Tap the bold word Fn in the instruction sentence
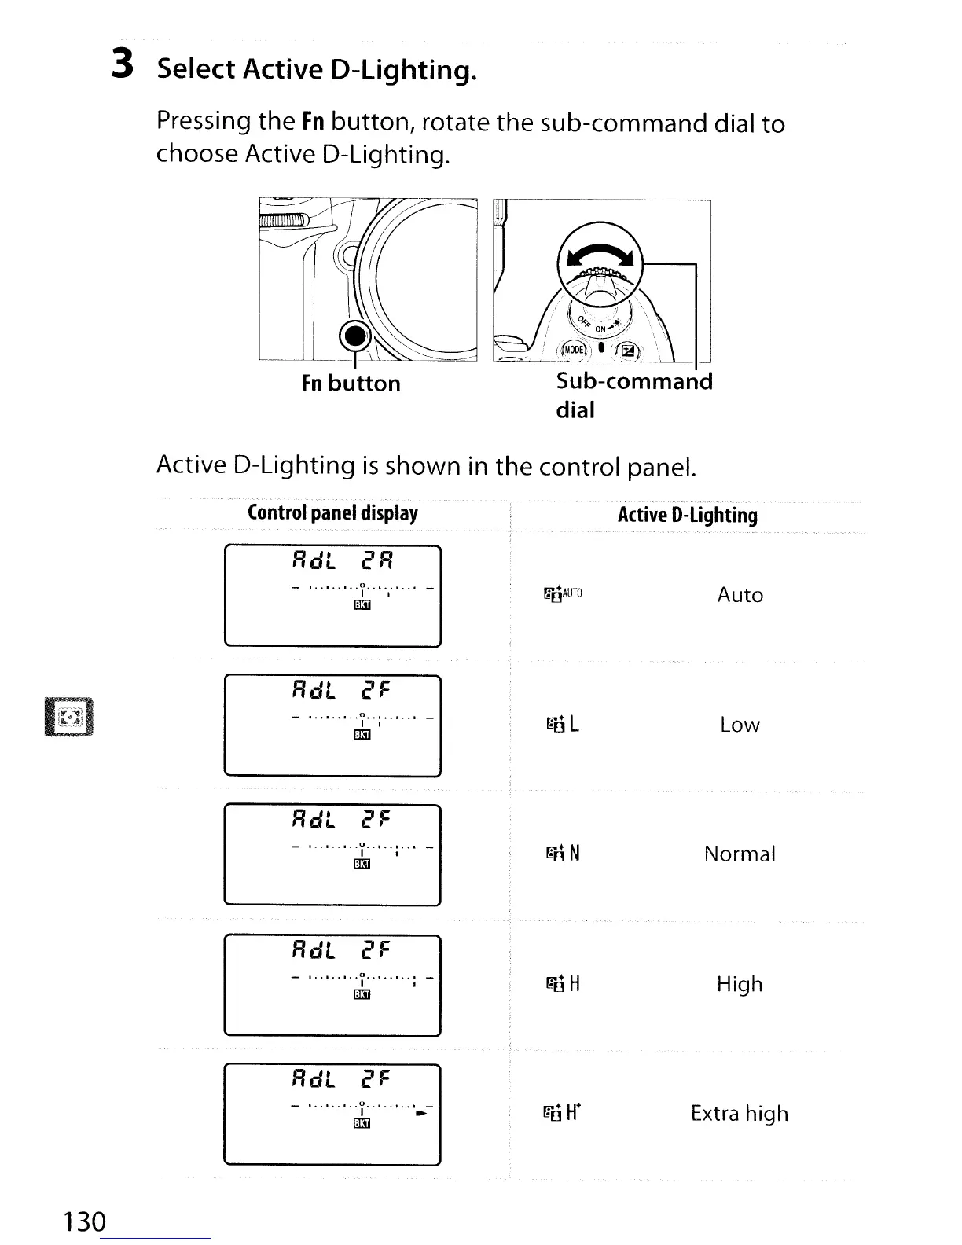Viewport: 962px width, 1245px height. pyautogui.click(x=313, y=122)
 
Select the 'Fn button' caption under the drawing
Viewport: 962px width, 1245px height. pyautogui.click(x=351, y=384)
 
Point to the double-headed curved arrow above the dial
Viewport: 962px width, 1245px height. pyautogui.click(x=600, y=258)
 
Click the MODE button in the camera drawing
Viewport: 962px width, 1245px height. pyautogui.click(x=575, y=349)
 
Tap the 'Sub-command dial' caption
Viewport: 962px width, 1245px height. pyautogui.click(x=633, y=395)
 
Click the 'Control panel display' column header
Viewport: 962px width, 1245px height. pyautogui.click(x=332, y=513)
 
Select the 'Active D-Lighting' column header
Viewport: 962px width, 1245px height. pyautogui.click(x=688, y=515)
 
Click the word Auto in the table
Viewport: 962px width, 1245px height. pyautogui.click(x=740, y=595)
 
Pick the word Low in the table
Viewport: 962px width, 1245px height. pyautogui.click(x=740, y=725)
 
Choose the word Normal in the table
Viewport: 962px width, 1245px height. pyautogui.click(x=740, y=854)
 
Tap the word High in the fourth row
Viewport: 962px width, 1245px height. pyautogui.click(x=740, y=984)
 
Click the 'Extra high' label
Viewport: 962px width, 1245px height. pyautogui.click(x=740, y=1113)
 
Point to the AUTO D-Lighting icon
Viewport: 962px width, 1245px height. pyautogui.click(x=563, y=594)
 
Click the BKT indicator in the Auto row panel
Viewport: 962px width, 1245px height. pyautogui.click(x=362, y=604)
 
